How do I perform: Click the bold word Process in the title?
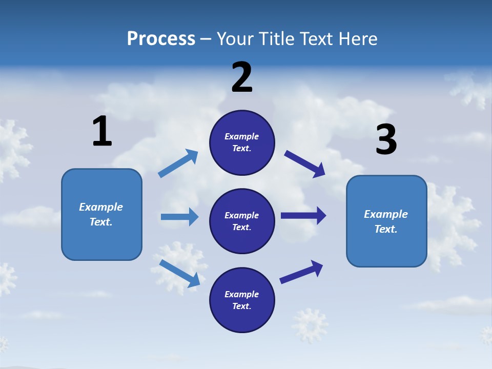161,39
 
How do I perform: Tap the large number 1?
101,131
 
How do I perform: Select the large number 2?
242,77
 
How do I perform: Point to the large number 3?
386,140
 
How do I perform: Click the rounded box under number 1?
101,214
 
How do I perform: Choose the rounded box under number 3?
386,221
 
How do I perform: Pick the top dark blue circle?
242,142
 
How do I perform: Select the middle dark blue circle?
242,221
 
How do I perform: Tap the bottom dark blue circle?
242,300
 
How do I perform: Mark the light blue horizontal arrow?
179,217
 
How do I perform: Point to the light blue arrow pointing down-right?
179,273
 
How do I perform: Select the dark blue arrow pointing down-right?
305,163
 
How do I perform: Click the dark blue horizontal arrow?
303,215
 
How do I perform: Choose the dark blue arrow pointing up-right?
301,272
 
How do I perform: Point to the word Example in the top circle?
242,136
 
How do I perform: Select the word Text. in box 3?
386,229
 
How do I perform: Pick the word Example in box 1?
101,207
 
